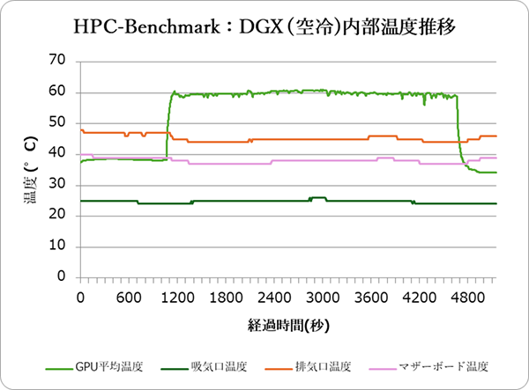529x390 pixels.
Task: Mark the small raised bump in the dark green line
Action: point(317,198)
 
